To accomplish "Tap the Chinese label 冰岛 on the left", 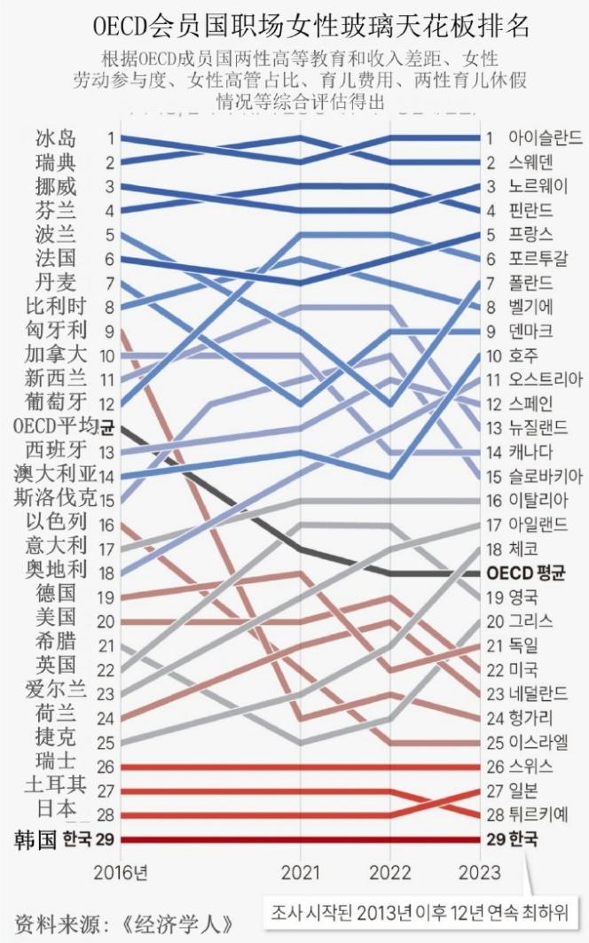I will (x=56, y=138).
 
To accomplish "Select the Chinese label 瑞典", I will (x=56, y=163).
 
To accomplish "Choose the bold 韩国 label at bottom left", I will (x=36, y=839).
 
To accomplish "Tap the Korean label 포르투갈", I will (x=543, y=259).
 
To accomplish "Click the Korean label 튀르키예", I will (x=538, y=814).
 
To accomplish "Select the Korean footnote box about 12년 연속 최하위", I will (x=420, y=910).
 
